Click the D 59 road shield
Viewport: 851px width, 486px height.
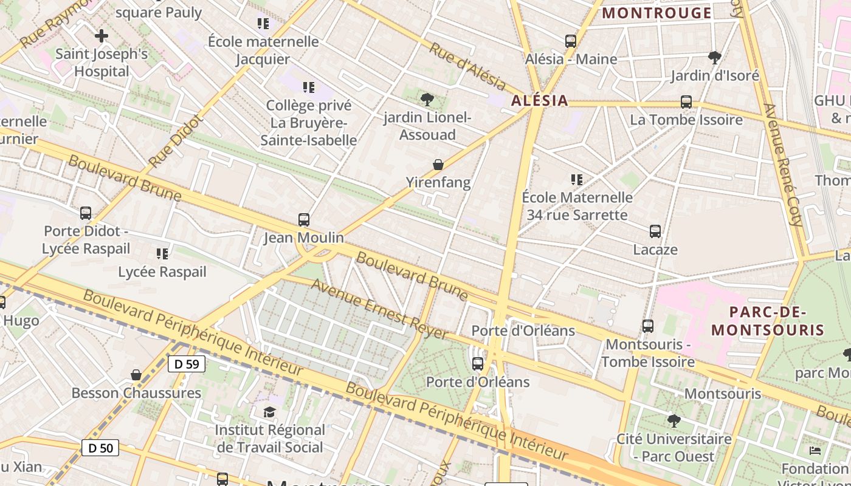tap(187, 364)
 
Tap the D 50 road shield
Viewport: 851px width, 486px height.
tap(100, 448)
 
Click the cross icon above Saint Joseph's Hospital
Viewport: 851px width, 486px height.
tap(102, 36)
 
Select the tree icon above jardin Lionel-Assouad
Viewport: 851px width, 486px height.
tap(427, 99)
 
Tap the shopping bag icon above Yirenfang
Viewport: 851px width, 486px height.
tap(438, 164)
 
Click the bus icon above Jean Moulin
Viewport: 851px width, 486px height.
tap(303, 219)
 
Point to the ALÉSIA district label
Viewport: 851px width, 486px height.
tap(539, 101)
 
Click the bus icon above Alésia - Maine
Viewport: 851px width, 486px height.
tap(570, 41)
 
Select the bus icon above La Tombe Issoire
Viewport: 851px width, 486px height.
tap(686, 102)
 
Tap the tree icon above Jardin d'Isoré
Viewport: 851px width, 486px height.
tap(715, 58)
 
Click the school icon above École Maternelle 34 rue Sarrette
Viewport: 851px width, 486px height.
tap(577, 180)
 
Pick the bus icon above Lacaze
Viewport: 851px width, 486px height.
tap(655, 231)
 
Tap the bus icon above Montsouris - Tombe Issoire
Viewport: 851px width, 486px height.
tap(648, 326)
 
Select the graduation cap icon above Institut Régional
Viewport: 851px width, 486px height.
tap(269, 412)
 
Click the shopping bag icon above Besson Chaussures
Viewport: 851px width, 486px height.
tap(136, 375)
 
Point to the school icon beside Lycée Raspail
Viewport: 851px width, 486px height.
tap(162, 253)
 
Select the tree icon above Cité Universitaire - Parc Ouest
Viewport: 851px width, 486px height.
tap(674, 420)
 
